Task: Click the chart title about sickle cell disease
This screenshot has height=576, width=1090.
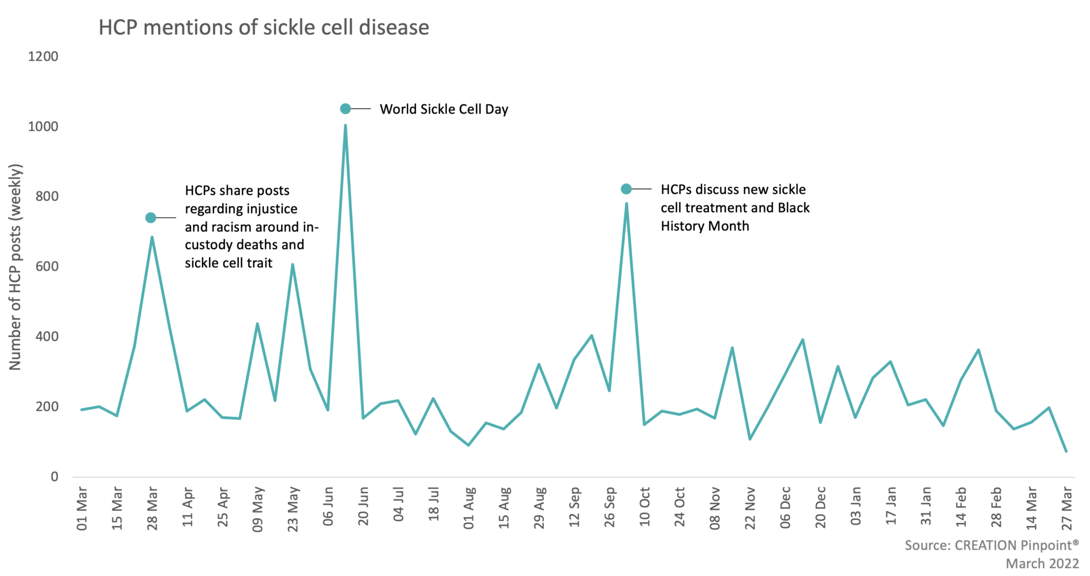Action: click(x=264, y=27)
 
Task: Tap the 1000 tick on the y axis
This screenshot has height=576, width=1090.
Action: click(x=43, y=127)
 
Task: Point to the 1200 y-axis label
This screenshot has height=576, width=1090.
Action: click(x=43, y=57)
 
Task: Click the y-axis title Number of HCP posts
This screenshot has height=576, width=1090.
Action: click(x=15, y=267)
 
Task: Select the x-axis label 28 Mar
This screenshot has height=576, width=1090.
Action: click(x=152, y=508)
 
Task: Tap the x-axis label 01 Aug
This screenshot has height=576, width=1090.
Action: click(x=469, y=508)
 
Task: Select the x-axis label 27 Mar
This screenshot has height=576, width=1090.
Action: click(x=1067, y=508)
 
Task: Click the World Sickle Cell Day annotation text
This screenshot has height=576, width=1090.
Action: click(x=444, y=109)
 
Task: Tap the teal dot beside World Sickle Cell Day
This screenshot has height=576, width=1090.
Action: click(x=345, y=108)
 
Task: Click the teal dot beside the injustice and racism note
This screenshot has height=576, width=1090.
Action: click(x=150, y=218)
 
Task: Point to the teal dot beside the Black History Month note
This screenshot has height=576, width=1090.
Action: click(x=626, y=189)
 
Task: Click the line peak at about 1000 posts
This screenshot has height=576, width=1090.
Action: click(x=345, y=125)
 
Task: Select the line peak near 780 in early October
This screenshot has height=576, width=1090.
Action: click(x=627, y=203)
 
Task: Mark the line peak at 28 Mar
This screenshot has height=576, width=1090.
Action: click(x=152, y=237)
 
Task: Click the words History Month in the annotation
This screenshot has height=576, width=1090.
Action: click(x=705, y=226)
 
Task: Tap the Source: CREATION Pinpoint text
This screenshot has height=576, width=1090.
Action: click(x=991, y=545)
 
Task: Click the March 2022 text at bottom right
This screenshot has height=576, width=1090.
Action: click(x=1042, y=564)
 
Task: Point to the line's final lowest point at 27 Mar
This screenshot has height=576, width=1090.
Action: click(x=1067, y=451)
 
